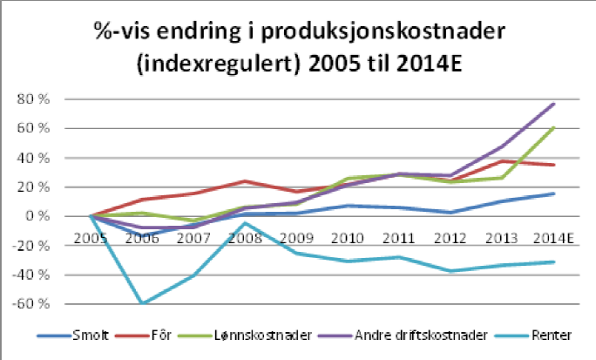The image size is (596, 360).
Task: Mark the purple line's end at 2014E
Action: click(x=554, y=104)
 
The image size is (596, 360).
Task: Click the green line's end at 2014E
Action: click(x=554, y=128)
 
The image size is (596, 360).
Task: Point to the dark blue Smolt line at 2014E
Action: click(x=554, y=194)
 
